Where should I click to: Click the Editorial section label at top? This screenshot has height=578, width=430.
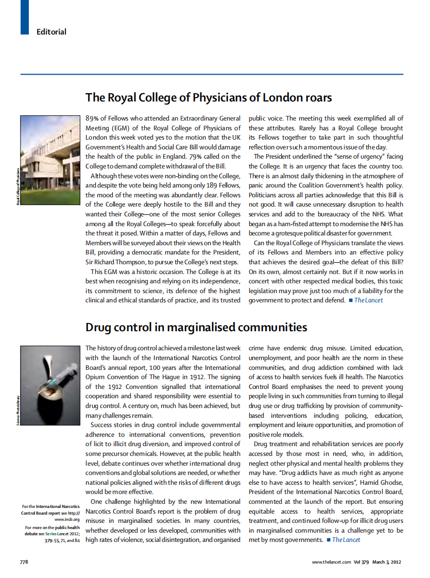pyautogui.click(x=51, y=32)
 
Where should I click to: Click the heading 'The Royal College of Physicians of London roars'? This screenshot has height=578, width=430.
pyautogui.click(x=209, y=97)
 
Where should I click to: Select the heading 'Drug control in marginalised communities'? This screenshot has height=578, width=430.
pyautogui.click(x=196, y=327)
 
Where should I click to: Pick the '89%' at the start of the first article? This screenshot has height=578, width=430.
pyautogui.click(x=93, y=118)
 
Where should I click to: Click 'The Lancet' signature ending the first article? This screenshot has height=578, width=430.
pyautogui.click(x=368, y=300)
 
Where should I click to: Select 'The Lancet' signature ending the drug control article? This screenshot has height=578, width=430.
pyautogui.click(x=346, y=539)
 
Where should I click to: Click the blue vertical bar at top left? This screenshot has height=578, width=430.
pyautogui.click(x=24, y=17)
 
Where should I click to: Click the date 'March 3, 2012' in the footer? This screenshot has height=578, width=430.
pyautogui.click(x=387, y=562)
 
